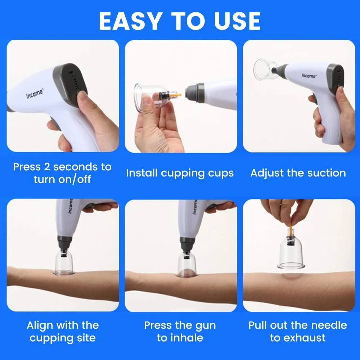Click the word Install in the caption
(x=142, y=173)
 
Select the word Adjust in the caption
(x=267, y=173)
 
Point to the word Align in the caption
(x=40, y=326)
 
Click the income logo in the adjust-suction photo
(x=309, y=76)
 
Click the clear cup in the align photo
(x=64, y=262)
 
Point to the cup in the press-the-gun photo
(x=185, y=264)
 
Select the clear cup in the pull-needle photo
(x=291, y=252)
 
